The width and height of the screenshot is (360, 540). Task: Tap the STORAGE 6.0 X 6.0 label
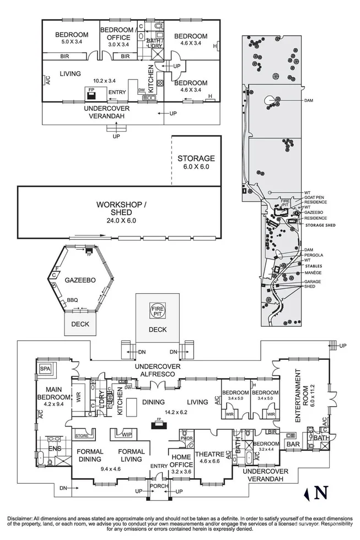(196, 162)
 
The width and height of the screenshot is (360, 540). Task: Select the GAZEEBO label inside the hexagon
(81, 280)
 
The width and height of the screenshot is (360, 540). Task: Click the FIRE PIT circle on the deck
(158, 312)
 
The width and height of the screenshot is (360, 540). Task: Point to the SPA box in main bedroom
(44, 368)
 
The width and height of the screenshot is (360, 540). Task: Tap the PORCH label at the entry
(158, 485)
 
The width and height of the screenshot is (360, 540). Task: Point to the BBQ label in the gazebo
(72, 300)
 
